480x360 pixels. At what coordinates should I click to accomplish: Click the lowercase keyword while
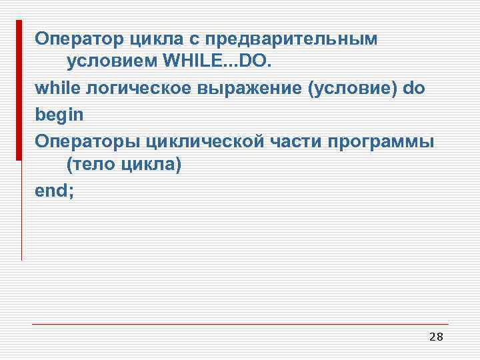click(55, 89)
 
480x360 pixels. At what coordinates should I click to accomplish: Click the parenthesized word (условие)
click(351, 89)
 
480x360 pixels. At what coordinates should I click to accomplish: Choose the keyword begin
click(59, 114)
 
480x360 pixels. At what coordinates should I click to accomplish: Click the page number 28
click(436, 337)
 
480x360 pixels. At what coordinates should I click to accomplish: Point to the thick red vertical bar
click(19, 90)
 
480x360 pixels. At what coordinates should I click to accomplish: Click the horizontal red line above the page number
click(240, 325)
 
